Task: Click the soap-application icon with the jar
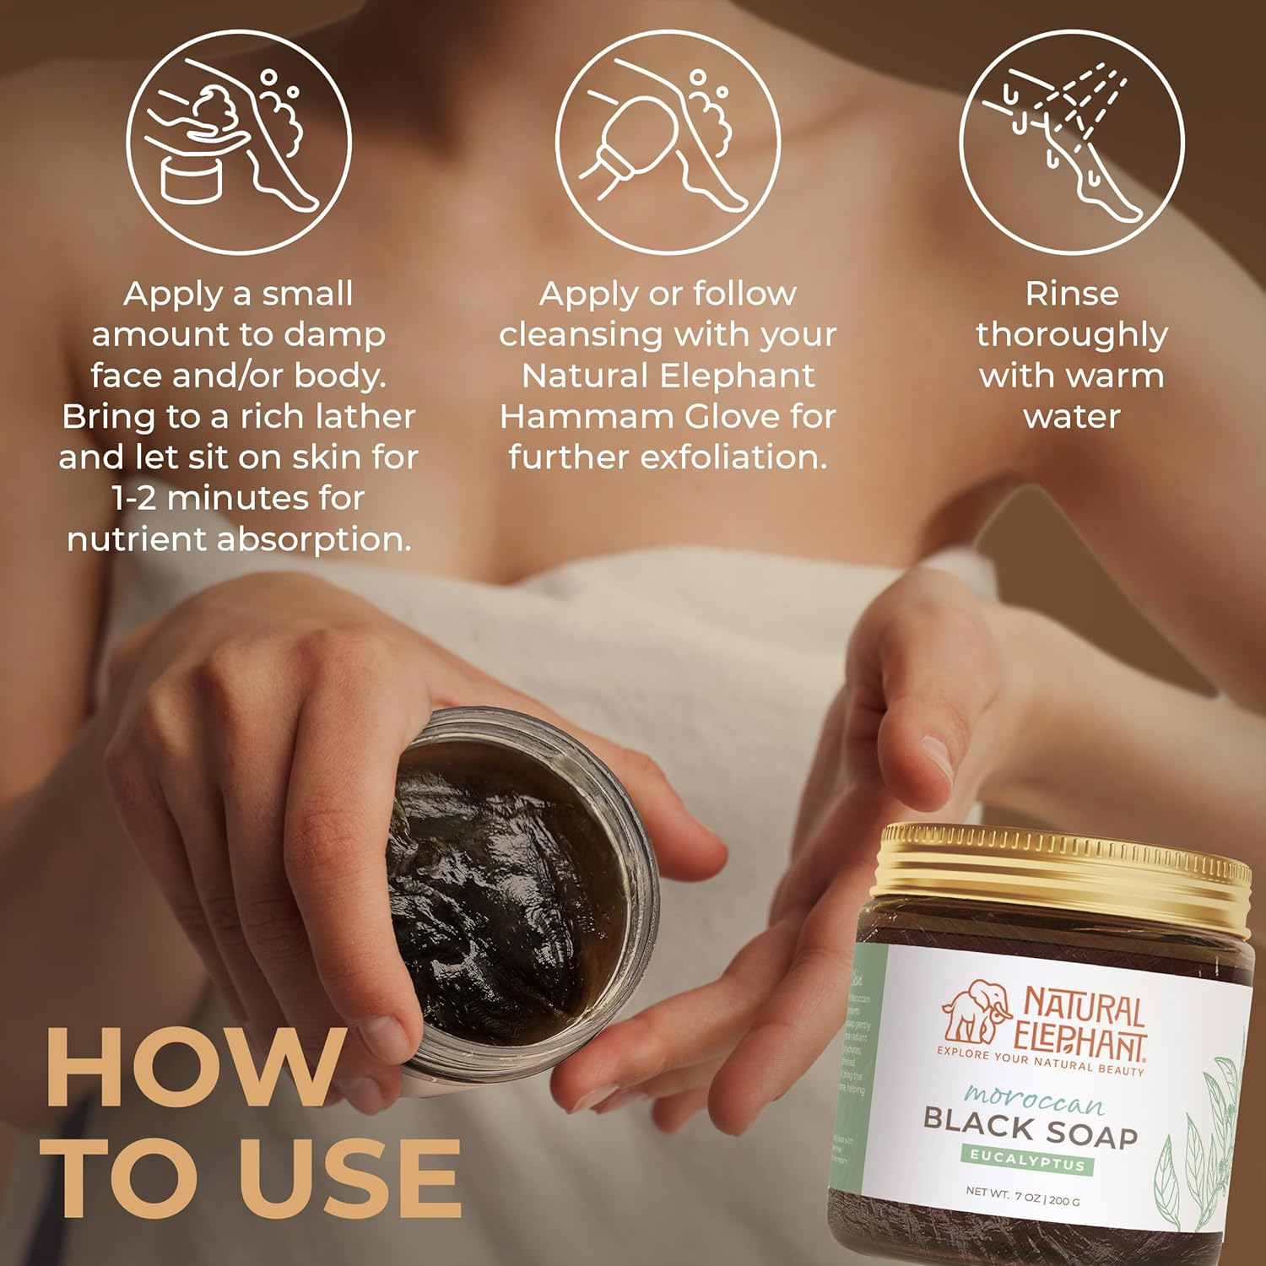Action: [239, 141]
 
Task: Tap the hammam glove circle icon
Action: [667, 141]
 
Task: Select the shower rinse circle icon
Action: [1071, 141]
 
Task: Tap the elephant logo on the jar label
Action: [977, 1010]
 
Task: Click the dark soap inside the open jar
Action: [506, 886]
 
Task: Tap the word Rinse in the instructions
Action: [1072, 294]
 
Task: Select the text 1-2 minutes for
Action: [238, 498]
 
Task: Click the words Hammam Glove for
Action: [667, 416]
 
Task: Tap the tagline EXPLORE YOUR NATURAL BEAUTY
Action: [1040, 1062]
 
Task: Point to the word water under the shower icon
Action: [1072, 416]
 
